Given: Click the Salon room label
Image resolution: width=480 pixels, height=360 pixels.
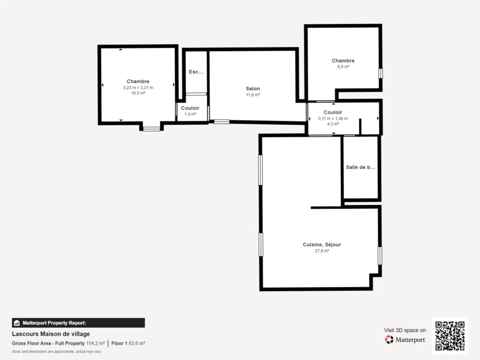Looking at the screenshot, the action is [x=253, y=89].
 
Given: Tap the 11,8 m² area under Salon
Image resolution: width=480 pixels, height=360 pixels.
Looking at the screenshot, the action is [x=253, y=95].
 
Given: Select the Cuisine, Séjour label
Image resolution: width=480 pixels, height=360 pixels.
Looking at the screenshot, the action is [x=322, y=245].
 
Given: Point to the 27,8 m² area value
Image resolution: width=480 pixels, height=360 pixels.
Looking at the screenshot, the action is [x=322, y=251].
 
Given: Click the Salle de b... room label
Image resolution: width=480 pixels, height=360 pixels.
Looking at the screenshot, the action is [x=360, y=167].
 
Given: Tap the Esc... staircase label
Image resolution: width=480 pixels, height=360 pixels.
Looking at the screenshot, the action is [x=196, y=72].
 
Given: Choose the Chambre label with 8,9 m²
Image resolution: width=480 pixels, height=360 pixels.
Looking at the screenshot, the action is [x=343, y=60].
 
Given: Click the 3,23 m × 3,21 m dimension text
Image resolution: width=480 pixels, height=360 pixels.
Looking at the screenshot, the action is [x=138, y=88].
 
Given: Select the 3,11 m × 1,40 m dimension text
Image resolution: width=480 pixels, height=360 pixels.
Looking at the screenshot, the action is [x=333, y=119].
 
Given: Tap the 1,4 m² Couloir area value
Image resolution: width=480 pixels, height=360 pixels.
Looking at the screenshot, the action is [x=190, y=114].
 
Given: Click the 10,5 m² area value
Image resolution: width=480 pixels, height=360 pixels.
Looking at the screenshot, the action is [x=138, y=93].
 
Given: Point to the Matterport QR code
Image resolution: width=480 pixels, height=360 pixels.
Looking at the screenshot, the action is [x=450, y=336].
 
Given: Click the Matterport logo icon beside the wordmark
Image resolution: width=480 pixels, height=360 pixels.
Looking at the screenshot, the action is [x=389, y=339].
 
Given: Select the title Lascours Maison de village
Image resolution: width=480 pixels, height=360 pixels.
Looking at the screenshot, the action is [x=51, y=334].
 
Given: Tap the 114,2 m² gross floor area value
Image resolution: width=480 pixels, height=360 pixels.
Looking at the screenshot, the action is [x=96, y=344].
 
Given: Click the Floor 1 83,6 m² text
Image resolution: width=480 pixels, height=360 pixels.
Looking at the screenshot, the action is [x=128, y=344].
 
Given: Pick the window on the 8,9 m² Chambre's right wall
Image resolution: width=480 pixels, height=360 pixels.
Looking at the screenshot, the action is [x=381, y=74].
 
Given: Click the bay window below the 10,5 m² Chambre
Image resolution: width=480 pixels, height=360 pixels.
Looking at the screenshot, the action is [x=151, y=129].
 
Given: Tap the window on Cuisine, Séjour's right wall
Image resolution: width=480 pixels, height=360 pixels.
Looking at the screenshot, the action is [x=380, y=255].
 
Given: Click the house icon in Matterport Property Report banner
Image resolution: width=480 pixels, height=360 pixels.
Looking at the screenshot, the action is [x=17, y=323].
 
